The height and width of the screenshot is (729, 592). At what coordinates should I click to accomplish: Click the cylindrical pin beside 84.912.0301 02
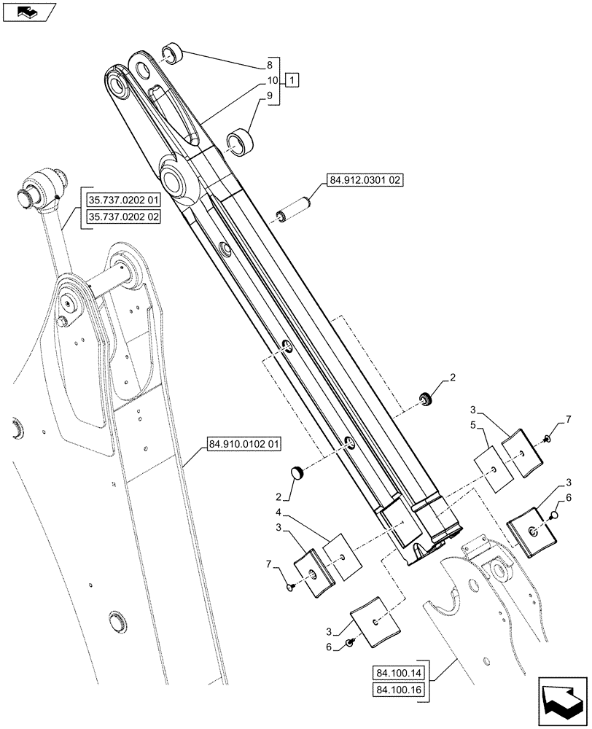tap(295, 207)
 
